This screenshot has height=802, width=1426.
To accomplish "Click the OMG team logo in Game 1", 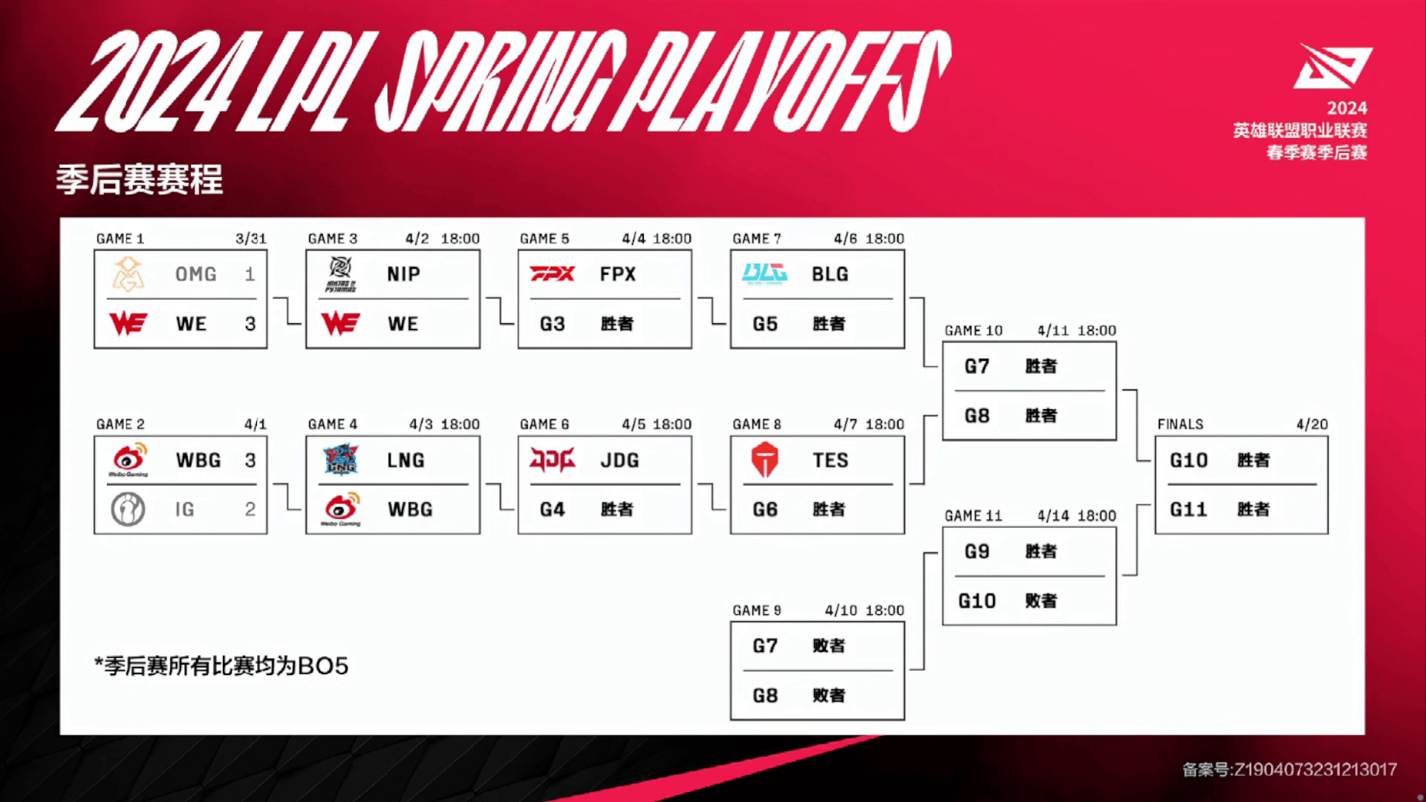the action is [x=128, y=274].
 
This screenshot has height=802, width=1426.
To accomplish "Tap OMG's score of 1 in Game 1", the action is [x=250, y=274].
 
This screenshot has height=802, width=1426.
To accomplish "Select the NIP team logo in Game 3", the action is [x=341, y=274].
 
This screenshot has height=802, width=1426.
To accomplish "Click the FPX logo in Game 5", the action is [x=553, y=274].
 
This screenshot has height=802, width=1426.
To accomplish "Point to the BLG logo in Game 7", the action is [x=765, y=273].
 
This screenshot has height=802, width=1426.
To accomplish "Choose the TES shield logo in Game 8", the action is [x=764, y=460].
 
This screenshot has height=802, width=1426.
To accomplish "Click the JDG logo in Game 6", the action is [x=553, y=460].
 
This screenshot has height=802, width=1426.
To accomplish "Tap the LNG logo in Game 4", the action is [x=341, y=460].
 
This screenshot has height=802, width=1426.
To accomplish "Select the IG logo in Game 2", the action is [x=128, y=509].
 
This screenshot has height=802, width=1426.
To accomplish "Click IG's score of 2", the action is [x=250, y=509].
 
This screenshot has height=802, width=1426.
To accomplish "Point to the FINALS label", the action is [x=1180, y=424].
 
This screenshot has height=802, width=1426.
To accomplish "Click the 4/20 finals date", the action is [x=1312, y=424].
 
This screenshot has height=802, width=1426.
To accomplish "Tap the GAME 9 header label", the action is [x=757, y=610].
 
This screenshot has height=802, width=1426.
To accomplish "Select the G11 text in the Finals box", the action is [x=1188, y=509].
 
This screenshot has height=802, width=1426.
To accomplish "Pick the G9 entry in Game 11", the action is [x=977, y=552].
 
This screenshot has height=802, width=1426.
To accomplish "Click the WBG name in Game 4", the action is [x=410, y=509].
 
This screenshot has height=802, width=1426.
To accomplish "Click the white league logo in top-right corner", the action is [x=1333, y=66].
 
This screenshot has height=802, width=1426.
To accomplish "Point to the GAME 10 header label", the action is [x=974, y=330].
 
